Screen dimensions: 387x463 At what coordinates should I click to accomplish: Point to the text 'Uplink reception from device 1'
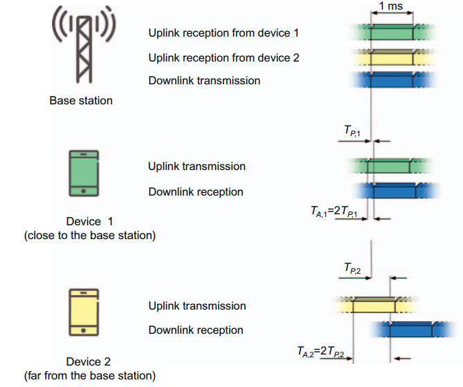pyautogui.click(x=224, y=32)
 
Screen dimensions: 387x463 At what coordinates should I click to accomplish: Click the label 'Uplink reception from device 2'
pyautogui.click(x=224, y=57)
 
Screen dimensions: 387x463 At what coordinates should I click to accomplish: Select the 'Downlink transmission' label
pyautogui.click(x=204, y=81)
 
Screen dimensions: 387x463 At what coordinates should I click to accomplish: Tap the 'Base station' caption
pyautogui.click(x=81, y=101)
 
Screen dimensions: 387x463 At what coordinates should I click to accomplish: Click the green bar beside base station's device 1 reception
pyautogui.click(x=392, y=32)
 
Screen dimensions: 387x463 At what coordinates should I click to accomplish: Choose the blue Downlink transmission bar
pyautogui.click(x=392, y=82)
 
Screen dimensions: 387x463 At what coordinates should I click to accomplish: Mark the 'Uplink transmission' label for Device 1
pyautogui.click(x=197, y=167)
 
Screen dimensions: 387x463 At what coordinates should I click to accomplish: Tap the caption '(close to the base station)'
pyautogui.click(x=90, y=236)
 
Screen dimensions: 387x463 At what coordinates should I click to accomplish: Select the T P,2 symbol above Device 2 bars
pyautogui.click(x=353, y=267)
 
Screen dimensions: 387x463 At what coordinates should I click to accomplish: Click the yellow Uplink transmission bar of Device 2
pyautogui.click(x=374, y=305)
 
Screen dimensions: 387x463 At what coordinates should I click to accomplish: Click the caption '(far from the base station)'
pyautogui.click(x=90, y=376)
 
